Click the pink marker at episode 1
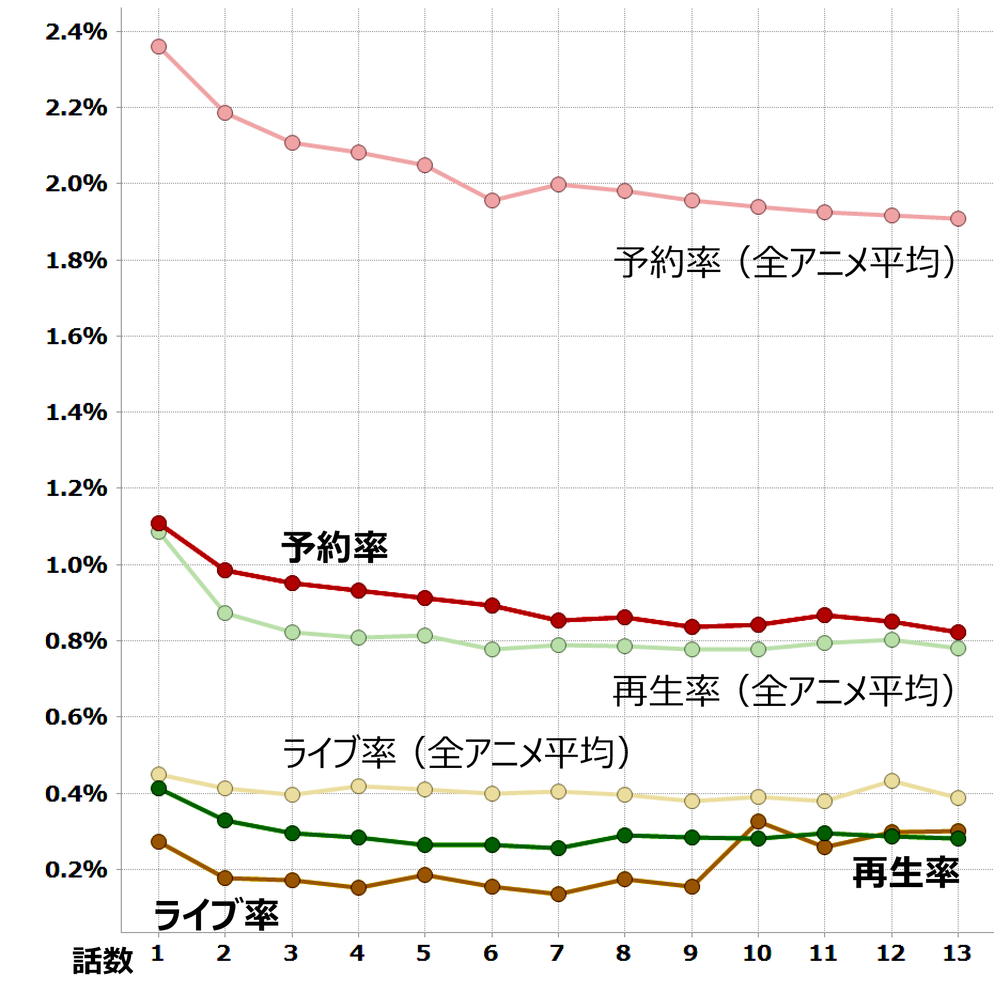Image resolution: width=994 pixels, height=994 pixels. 158,47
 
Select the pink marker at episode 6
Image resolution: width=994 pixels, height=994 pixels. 492,200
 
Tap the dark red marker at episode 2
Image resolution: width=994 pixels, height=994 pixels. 225,570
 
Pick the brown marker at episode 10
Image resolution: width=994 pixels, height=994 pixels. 758,821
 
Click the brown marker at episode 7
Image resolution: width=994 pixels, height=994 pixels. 558,894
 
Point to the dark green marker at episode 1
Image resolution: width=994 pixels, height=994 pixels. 158,788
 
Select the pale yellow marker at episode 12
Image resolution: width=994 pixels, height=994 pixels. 891,781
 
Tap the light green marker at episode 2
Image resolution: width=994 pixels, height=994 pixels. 225,612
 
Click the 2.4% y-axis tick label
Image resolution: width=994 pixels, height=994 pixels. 76,33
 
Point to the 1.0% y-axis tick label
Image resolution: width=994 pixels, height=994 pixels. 76,565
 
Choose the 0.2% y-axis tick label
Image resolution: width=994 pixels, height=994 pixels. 76,870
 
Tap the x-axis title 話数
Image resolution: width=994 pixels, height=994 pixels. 103,960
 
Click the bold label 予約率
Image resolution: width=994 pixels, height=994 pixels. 334,547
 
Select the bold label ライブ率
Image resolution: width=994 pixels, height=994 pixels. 216,914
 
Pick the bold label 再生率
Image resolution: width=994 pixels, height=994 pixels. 905,872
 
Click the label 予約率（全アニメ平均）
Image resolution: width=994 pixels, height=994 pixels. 784,262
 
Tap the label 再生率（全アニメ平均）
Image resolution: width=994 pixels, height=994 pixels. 783,691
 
